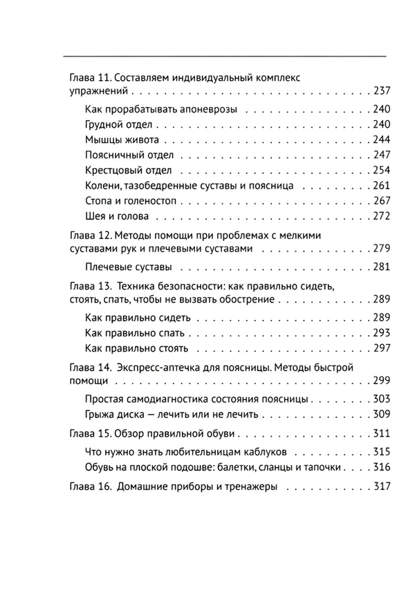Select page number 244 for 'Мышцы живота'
(381, 140)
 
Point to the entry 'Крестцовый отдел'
(128, 171)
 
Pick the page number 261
(381, 186)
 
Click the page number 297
(381, 348)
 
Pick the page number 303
(381, 399)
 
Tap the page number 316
(381, 468)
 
